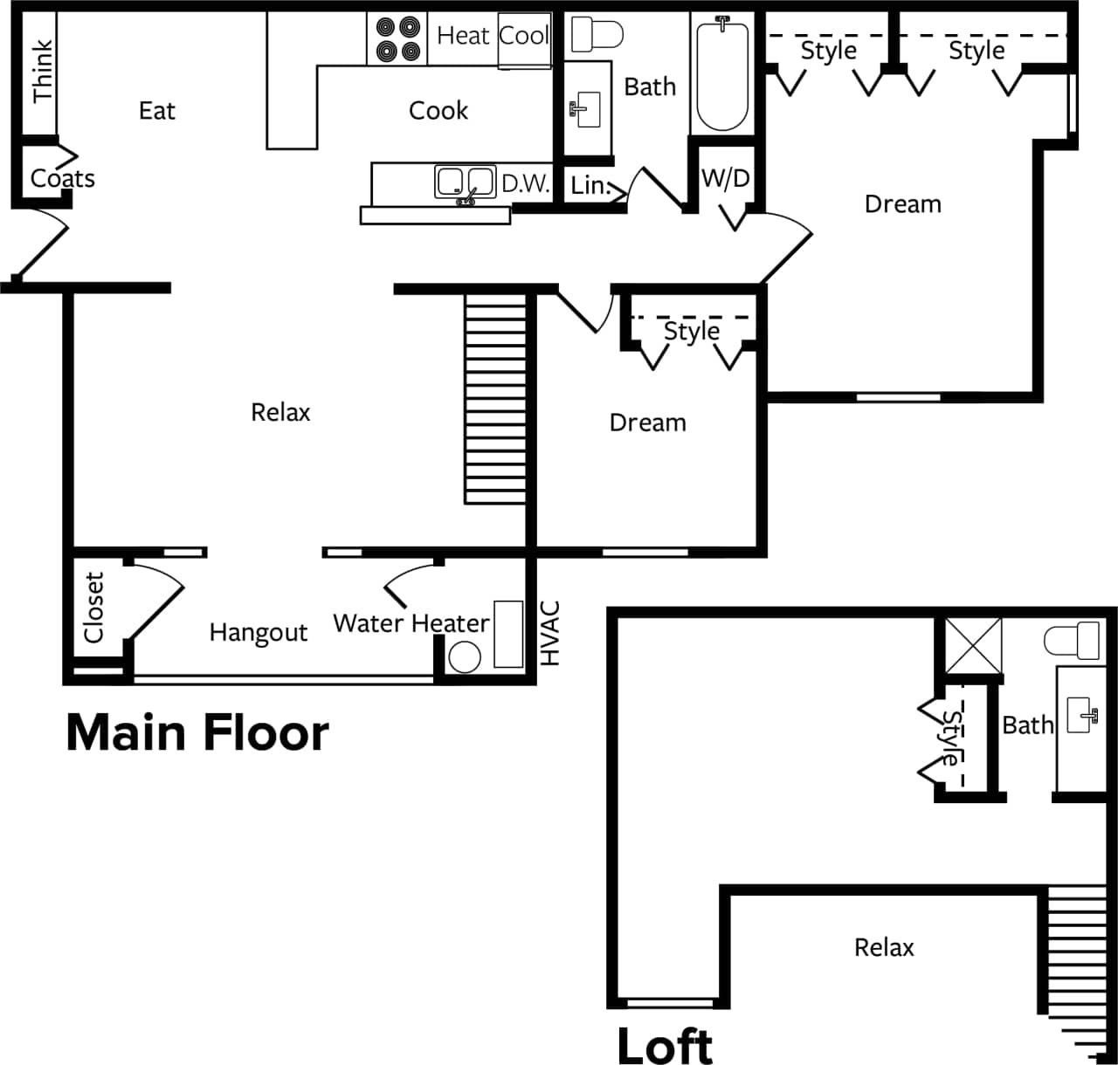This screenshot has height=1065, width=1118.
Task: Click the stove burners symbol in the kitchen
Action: pyautogui.click(x=398, y=39)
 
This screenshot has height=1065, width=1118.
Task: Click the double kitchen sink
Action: pyautogui.click(x=466, y=182)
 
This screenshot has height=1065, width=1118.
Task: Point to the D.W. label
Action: pyautogui.click(x=525, y=183)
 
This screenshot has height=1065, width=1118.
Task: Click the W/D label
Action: pyautogui.click(x=726, y=179)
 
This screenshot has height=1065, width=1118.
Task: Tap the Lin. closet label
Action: pyautogui.click(x=590, y=185)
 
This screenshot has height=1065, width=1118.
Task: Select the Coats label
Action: pyautogui.click(x=62, y=179)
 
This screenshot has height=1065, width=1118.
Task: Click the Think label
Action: pyautogui.click(x=43, y=72)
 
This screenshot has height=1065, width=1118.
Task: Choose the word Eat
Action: pyautogui.click(x=157, y=111)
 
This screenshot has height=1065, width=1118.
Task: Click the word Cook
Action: pyautogui.click(x=438, y=111)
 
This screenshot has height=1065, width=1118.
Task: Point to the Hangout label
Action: pyautogui.click(x=259, y=633)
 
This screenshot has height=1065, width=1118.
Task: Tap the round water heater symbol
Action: pyautogui.click(x=464, y=656)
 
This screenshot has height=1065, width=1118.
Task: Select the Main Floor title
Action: pyautogui.click(x=197, y=733)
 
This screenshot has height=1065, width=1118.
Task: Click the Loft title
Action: pyautogui.click(x=665, y=1045)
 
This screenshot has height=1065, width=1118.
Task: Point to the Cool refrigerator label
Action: pyautogui.click(x=524, y=36)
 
